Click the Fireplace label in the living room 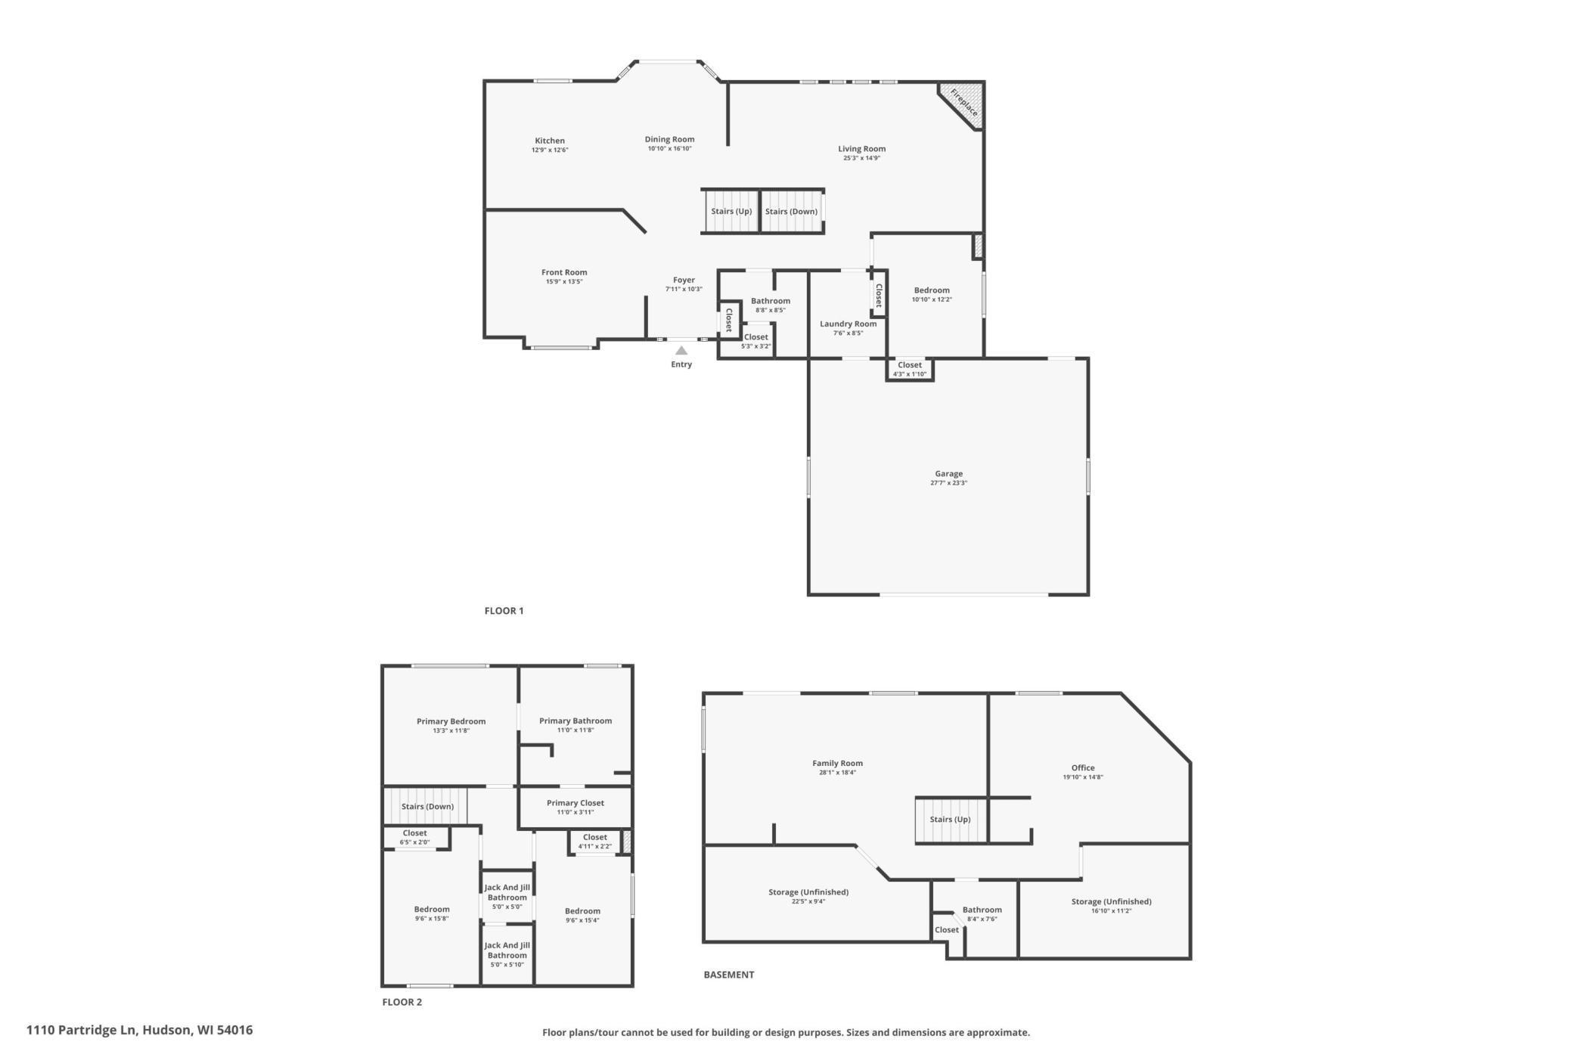(x=964, y=103)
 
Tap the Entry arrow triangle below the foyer (x=681, y=351)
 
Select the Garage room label (x=948, y=474)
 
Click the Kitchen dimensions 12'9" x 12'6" (x=550, y=150)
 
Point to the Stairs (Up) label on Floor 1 (x=731, y=212)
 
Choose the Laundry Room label (x=849, y=324)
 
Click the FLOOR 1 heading (x=504, y=611)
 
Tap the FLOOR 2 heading (x=402, y=1003)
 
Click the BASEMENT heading (x=729, y=975)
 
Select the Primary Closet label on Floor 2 (x=576, y=803)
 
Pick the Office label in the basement (x=1083, y=768)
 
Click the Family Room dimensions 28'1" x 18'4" (x=837, y=773)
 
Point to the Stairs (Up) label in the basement (x=950, y=820)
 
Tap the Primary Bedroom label (x=451, y=721)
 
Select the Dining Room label (x=669, y=139)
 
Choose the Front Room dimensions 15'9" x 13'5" (x=564, y=282)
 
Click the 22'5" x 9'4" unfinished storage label (x=808, y=901)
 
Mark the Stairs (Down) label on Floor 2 (x=427, y=807)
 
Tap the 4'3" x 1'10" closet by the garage (x=910, y=374)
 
